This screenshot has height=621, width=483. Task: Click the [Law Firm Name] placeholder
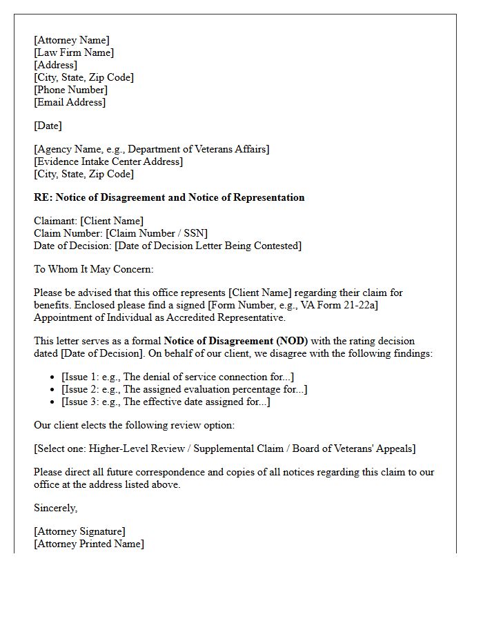click(74, 52)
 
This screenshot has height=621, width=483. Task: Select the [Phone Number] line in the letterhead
click(70, 90)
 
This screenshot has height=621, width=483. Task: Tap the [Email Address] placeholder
click(70, 102)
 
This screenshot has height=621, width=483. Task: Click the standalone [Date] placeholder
click(48, 126)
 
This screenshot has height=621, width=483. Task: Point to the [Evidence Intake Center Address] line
click(108, 161)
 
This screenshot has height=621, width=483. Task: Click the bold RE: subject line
click(169, 197)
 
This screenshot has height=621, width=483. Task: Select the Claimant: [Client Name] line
click(88, 221)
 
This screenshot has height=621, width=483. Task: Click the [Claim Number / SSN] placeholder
click(157, 233)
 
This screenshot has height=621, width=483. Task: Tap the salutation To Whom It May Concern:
click(94, 269)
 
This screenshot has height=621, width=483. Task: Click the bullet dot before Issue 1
click(53, 377)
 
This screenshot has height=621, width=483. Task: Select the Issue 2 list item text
click(184, 389)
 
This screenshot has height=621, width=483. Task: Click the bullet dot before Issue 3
click(53, 402)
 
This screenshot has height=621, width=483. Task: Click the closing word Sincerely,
click(56, 508)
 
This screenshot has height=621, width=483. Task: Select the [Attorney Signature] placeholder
click(79, 531)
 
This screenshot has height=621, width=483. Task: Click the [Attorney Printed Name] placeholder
click(89, 544)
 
